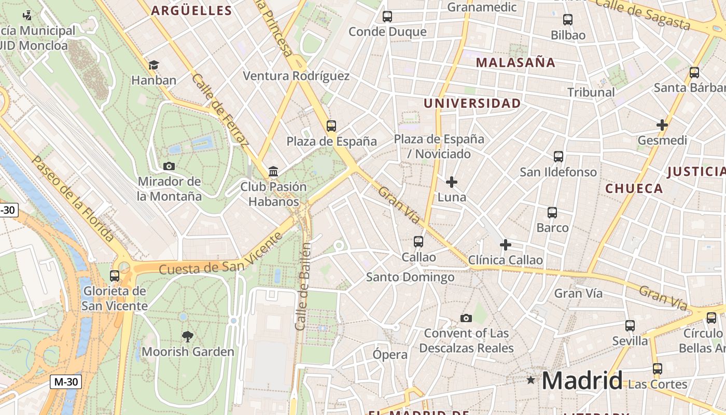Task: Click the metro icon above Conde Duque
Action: click(387, 17)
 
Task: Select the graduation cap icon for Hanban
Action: click(153, 65)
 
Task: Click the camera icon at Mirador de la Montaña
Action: click(169, 167)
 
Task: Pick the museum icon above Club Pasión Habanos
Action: click(273, 172)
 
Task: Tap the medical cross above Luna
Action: click(452, 182)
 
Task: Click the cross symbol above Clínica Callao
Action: click(506, 245)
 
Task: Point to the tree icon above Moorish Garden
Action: click(188, 337)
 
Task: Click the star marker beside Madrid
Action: click(530, 380)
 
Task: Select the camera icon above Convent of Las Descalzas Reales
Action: click(466, 318)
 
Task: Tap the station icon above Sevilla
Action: click(630, 326)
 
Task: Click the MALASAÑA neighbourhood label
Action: click(515, 63)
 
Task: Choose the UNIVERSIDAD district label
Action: click(472, 103)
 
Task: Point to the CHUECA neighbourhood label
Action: click(634, 188)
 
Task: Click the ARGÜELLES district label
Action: click(191, 10)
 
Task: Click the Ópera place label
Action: click(390, 355)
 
